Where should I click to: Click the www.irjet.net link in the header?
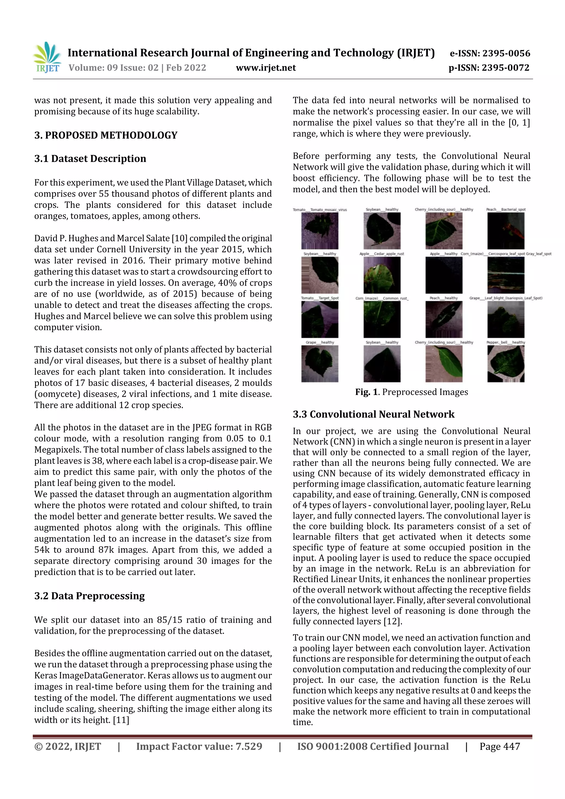266,68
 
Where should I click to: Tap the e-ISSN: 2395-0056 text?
490,53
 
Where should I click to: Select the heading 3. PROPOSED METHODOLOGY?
106,135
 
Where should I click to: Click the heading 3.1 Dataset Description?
90,159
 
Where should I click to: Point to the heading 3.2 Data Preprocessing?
89,596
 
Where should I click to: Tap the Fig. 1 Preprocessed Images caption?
412,392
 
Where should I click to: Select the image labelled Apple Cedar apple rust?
382,275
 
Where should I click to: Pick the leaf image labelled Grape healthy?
319,364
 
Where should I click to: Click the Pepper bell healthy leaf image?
506,364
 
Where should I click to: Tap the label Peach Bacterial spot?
506,210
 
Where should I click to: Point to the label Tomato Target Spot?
319,298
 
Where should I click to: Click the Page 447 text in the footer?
500,746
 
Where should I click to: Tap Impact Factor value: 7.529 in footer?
199,746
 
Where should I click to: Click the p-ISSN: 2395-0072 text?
489,68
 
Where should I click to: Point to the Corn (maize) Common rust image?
382,319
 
